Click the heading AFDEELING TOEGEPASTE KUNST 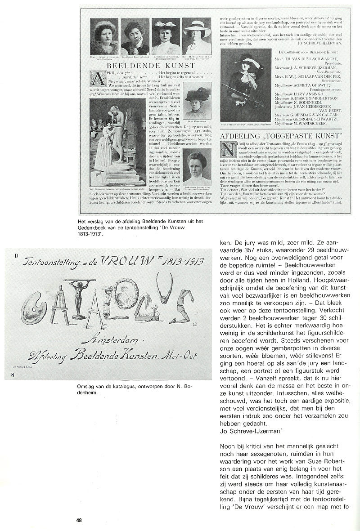tap(281, 136)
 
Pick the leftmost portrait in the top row tap(104, 36)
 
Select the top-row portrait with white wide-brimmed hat tap(197, 36)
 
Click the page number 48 tap(79, 520)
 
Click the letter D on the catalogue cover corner tap(16, 256)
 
